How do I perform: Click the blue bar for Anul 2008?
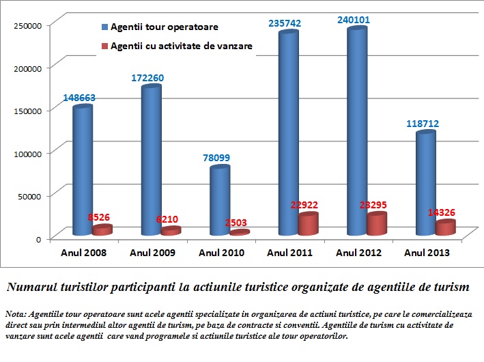[x=83, y=171]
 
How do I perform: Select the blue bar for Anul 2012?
[x=356, y=133]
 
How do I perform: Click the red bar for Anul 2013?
[x=445, y=228]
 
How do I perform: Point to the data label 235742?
[x=285, y=23]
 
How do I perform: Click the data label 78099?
[x=216, y=158]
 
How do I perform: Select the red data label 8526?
[x=99, y=217]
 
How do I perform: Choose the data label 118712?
[x=422, y=124]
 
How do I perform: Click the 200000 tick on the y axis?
[x=29, y=68]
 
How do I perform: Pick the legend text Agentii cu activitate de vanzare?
[x=182, y=46]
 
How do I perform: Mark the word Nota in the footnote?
[x=14, y=314]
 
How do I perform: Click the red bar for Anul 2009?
[x=171, y=231]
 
